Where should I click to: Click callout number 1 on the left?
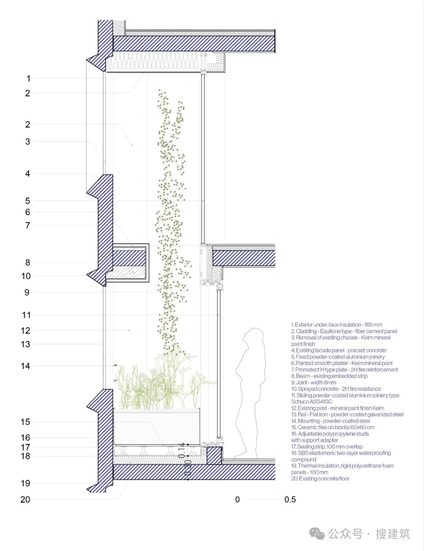click(28, 79)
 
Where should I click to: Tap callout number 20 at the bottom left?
click(25, 500)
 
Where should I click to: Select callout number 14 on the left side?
click(25, 366)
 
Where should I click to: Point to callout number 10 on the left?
click(26, 276)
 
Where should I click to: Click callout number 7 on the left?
click(27, 225)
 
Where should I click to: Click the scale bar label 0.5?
click(290, 500)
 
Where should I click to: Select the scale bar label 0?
click(238, 500)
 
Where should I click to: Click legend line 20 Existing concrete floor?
click(320, 479)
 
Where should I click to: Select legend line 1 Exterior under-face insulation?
click(336, 325)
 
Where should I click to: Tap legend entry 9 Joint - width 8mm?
click(313, 383)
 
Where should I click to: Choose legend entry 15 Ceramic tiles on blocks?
click(333, 427)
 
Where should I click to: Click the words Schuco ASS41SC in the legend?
click(312, 402)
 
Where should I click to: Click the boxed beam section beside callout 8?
click(130, 262)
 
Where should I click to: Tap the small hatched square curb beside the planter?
click(214, 456)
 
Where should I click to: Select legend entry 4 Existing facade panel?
click(338, 350)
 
